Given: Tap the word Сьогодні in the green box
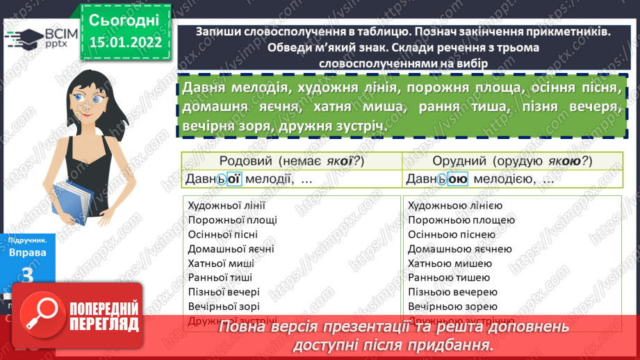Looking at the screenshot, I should [x=124, y=19].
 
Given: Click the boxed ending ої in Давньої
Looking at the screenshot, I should [x=233, y=179].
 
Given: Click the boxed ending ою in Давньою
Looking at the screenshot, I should [x=456, y=179].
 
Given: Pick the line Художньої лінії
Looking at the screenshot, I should [x=227, y=206].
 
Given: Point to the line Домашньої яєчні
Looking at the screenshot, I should [x=231, y=249].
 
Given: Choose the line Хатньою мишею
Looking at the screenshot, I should [x=450, y=263].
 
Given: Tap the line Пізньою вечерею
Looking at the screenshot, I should [x=452, y=292].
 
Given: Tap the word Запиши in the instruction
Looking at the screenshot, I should [x=218, y=32].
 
